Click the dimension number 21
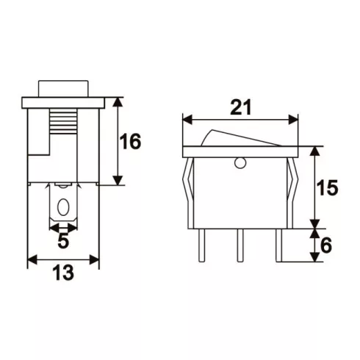click(241, 107)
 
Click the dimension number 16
click(130, 141)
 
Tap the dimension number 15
click(327, 188)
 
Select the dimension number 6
click(326, 245)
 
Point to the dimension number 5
click(63, 241)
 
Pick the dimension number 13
click(63, 273)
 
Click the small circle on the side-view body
click(240, 163)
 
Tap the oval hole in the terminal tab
click(63, 206)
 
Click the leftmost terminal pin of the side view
click(201, 245)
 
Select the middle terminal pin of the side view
click(240, 245)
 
